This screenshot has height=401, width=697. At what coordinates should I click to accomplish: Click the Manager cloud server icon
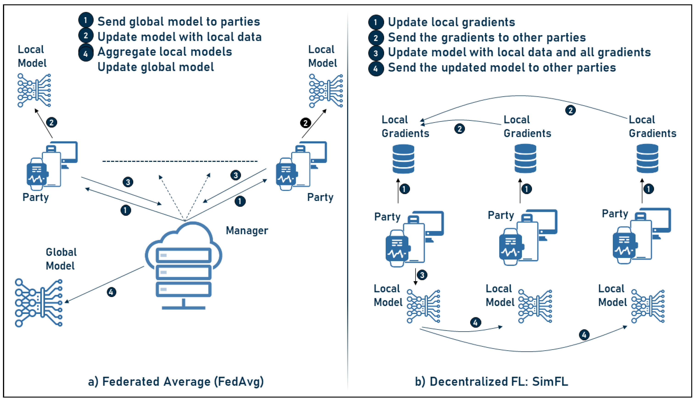183,266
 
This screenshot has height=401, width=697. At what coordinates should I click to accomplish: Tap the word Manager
247,230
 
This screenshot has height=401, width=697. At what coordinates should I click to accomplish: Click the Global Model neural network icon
39,303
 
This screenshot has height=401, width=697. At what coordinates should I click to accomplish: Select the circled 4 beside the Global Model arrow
111,292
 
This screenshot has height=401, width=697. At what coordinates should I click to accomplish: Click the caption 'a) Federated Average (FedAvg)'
176,382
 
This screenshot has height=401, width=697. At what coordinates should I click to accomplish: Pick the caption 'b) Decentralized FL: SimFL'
491,382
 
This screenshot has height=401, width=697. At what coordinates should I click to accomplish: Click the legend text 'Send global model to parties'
178,22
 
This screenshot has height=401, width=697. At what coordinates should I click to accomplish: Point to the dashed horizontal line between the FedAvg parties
180,161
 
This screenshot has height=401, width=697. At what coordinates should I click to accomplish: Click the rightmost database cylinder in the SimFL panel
647,159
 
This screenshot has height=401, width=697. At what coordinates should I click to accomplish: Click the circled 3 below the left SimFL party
422,275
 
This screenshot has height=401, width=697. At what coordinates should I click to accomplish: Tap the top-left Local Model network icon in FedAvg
34,90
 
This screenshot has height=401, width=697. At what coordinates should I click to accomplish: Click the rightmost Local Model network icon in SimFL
648,306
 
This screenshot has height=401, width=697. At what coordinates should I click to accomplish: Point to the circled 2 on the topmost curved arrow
570,111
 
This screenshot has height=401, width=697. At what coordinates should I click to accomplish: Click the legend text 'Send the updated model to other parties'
502,67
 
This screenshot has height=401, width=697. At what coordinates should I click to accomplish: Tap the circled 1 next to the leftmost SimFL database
404,189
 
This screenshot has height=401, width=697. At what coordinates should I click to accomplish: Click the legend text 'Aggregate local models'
164,52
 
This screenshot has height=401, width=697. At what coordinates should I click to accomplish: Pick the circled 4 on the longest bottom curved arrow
584,335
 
